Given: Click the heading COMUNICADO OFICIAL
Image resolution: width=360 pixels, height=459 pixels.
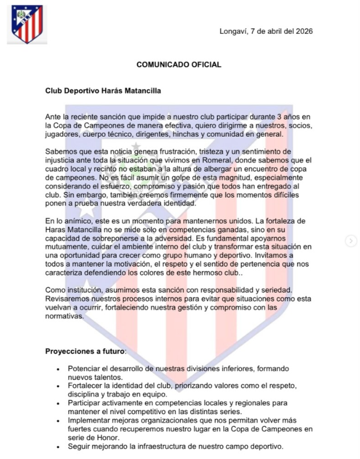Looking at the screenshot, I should (x=179, y=65).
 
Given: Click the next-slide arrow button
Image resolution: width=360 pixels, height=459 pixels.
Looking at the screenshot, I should (x=351, y=241).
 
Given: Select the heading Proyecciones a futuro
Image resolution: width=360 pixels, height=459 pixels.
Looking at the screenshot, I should (x=85, y=351).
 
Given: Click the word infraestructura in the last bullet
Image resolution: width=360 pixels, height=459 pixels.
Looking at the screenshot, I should (x=163, y=446).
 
